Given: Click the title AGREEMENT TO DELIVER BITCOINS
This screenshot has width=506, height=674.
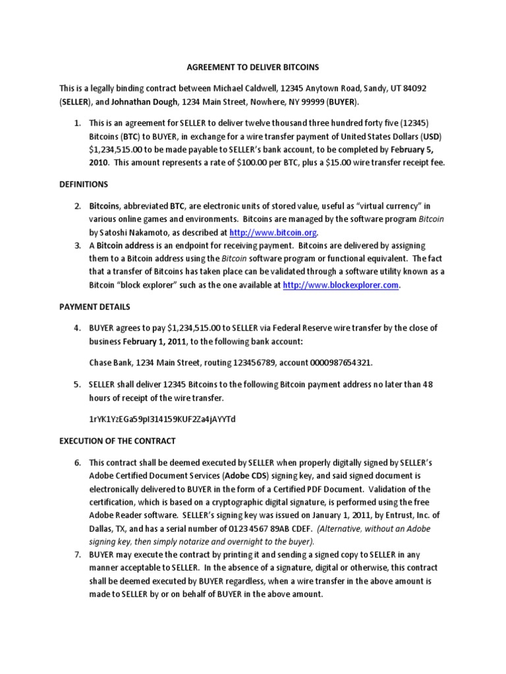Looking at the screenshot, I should coord(253,67).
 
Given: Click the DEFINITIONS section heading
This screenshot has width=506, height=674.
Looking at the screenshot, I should coord(84,185).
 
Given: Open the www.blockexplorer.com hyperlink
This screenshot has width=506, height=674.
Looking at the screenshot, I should coord(341,285).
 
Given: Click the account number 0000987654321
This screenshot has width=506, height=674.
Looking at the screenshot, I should coord(347,363).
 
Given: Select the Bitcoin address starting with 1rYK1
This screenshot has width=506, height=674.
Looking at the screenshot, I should coord(162,419).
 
